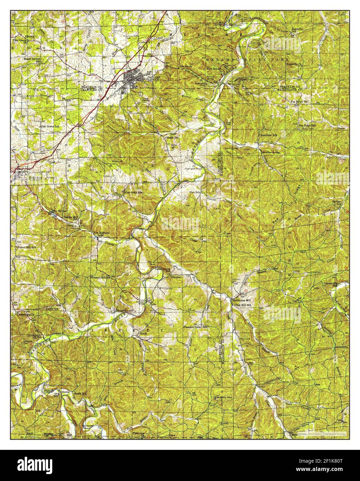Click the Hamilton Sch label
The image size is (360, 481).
268,135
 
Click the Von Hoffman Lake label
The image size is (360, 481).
101,234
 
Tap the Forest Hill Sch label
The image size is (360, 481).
26,248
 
